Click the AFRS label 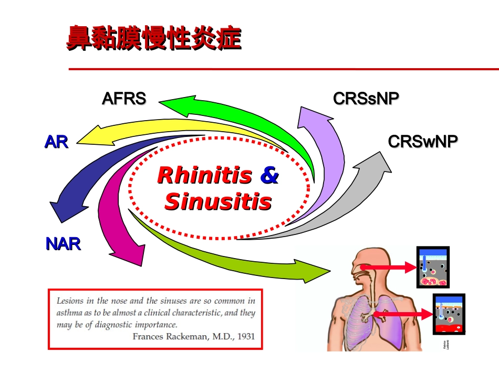point(124,99)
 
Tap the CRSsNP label point(366,99)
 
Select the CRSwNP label point(423,141)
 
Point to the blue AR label point(56,142)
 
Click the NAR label point(63,243)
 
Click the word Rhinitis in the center point(204,175)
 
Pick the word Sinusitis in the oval point(218,202)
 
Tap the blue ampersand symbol point(269,175)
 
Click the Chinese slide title point(153,39)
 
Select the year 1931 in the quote point(246,336)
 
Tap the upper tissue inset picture point(433,267)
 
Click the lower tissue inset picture point(449,314)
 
